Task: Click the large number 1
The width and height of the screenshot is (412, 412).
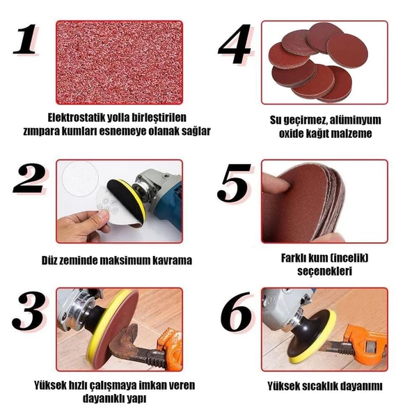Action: [x=26, y=40]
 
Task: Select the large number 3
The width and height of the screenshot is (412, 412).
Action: [x=29, y=310]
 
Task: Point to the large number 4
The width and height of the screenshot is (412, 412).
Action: [x=235, y=44]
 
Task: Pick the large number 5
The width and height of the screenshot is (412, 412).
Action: [x=233, y=183]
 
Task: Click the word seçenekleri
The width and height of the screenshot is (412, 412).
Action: [x=324, y=271]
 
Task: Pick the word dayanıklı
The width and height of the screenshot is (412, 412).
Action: [x=104, y=399]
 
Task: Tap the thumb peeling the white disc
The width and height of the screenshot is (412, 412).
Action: [x=102, y=216]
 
